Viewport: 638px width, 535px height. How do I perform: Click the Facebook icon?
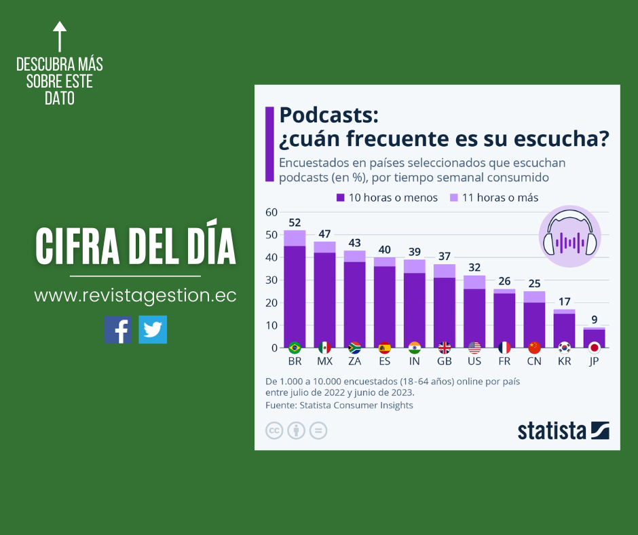point(118,329)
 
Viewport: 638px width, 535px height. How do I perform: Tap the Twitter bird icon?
point(153,329)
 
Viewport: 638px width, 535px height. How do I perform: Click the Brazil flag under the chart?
point(295,348)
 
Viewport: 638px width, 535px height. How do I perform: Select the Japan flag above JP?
point(594,348)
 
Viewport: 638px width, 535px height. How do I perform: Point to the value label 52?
point(295,222)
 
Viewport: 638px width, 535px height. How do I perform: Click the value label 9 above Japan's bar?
point(594,319)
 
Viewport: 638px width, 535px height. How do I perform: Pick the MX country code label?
point(324,361)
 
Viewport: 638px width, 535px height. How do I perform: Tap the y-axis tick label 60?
point(271,213)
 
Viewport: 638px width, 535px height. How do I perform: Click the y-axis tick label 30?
point(271,280)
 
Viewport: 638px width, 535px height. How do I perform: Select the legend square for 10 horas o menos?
point(341,198)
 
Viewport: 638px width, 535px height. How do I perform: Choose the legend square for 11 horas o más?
point(453,198)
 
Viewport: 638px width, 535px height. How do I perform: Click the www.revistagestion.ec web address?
point(135,296)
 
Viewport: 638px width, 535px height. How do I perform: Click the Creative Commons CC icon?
point(274,430)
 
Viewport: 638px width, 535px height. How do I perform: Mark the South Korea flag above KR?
point(564,348)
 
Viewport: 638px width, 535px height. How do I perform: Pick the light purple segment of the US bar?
point(474,282)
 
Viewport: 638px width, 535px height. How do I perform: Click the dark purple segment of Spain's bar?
point(384,306)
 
